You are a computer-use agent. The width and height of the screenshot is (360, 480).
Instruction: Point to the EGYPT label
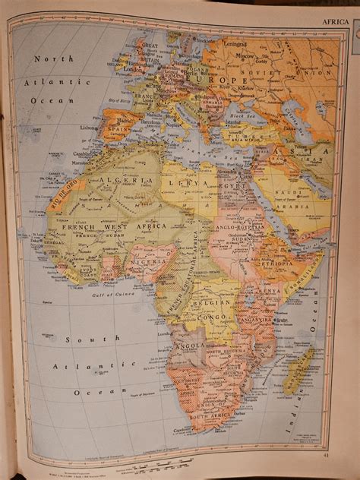coord(230,185)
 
